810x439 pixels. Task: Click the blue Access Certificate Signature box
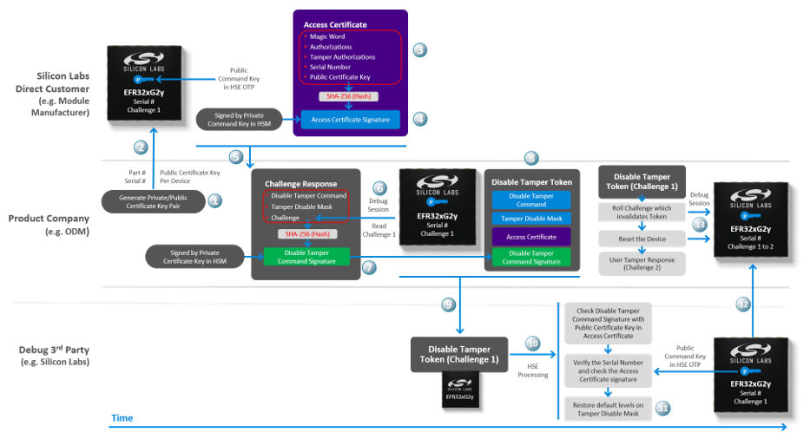point(350,119)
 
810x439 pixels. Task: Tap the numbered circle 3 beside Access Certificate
point(419,50)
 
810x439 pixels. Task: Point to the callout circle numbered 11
point(662,407)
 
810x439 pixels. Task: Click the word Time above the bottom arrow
point(122,418)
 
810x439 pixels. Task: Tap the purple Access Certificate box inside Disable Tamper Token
point(530,236)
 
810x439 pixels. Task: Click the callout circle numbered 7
point(369,268)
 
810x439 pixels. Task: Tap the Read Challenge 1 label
point(379,230)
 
